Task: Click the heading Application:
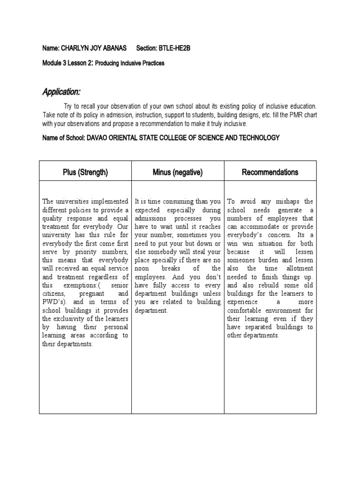point(61,91)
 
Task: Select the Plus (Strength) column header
point(85,172)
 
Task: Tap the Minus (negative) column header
point(178,172)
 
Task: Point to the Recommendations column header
point(270,172)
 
